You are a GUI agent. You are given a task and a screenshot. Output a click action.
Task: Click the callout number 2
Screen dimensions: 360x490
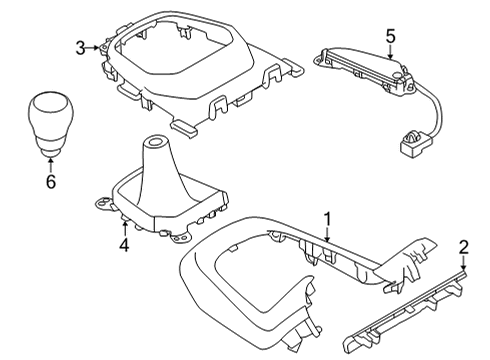click(462, 246)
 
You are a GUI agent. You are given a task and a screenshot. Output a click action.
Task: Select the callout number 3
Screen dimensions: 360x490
click(80, 46)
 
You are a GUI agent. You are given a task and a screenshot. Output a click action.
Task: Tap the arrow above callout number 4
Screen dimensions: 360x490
click(125, 224)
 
